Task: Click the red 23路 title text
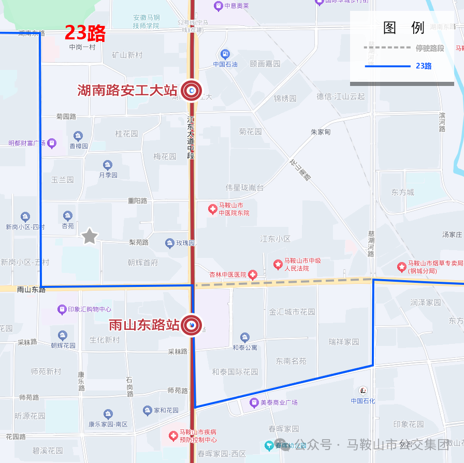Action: pos(85,33)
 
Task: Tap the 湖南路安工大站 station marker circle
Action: pos(192,91)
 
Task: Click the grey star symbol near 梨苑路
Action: pos(90,236)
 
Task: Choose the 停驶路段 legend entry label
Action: pos(430,48)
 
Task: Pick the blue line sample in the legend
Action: pos(388,66)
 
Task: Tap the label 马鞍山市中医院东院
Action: pos(234,209)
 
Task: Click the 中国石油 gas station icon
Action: pos(225,54)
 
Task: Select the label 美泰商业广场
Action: pos(279,402)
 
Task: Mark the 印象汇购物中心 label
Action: pos(89,309)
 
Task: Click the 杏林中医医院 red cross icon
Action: pos(253,274)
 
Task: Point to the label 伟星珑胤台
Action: pos(244,187)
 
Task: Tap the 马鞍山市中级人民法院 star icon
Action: pos(278,265)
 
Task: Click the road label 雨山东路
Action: pos(31,290)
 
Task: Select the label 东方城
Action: pos(402,192)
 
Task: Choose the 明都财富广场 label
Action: pos(27,142)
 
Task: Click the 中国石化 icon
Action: pos(364,390)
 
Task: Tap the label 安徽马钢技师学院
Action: pos(146,21)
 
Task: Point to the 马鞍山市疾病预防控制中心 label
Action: pos(198,436)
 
